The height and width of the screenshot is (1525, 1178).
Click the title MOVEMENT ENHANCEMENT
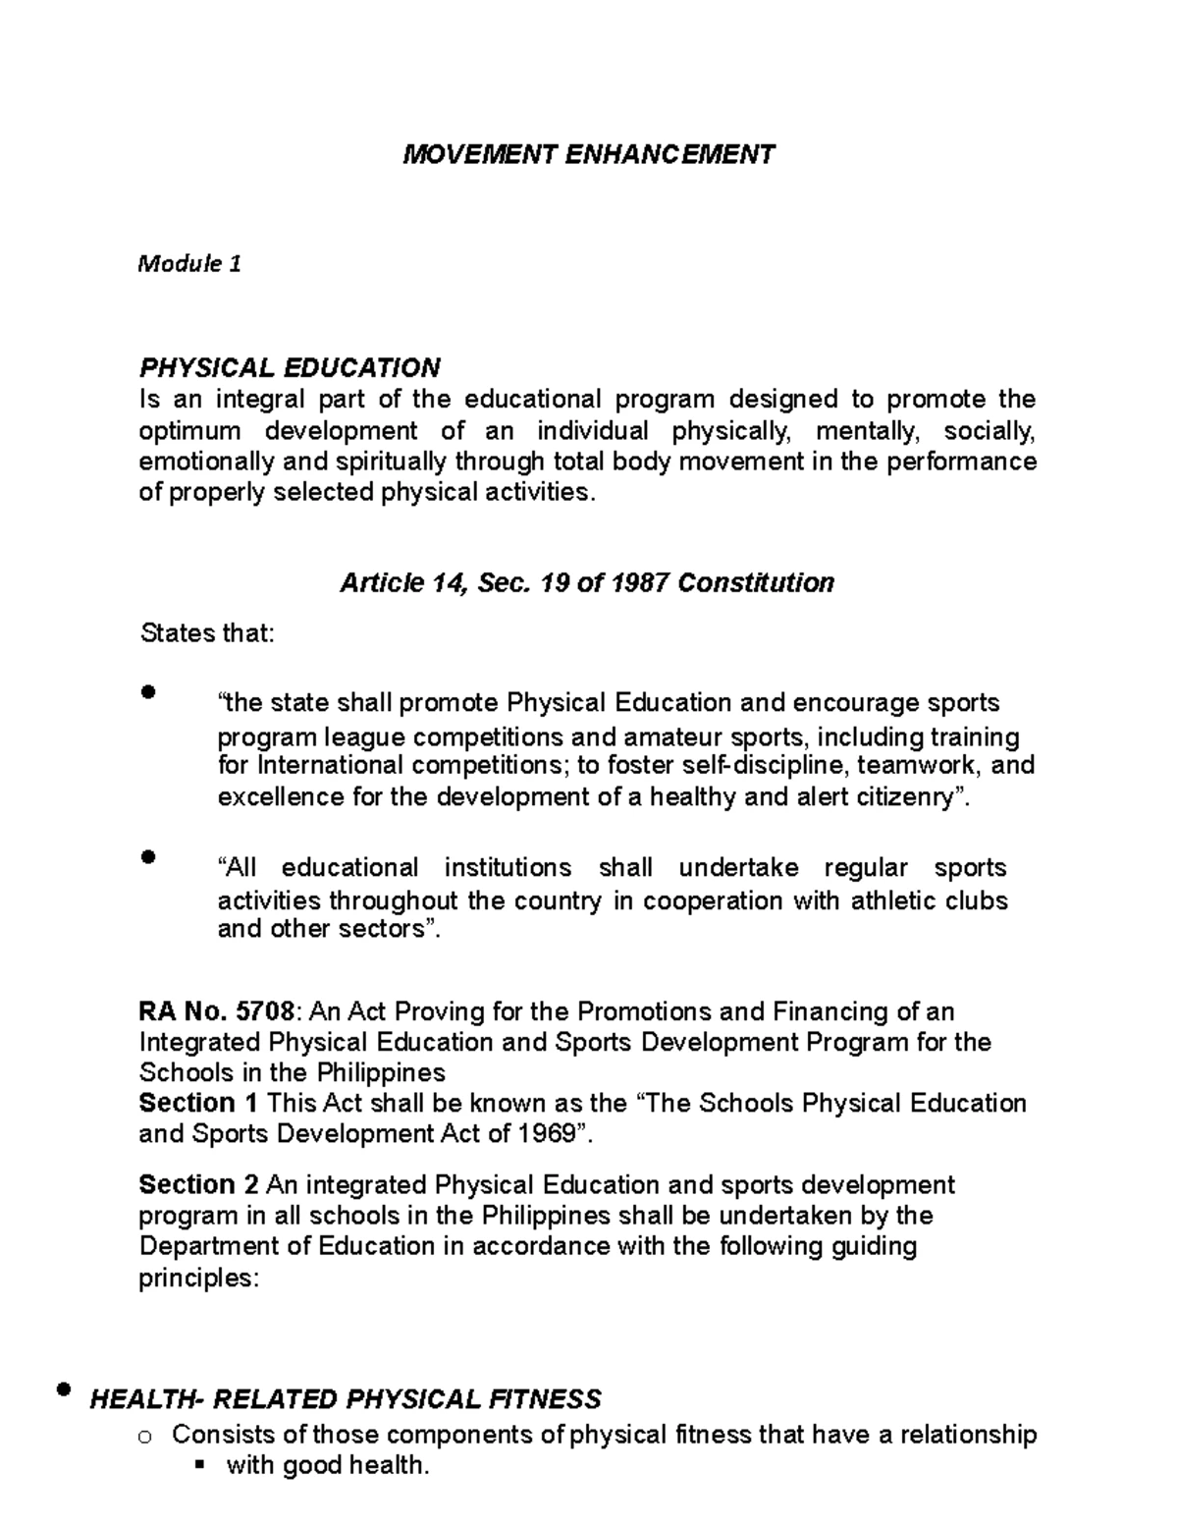point(589,154)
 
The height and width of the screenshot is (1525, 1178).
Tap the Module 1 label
point(189,263)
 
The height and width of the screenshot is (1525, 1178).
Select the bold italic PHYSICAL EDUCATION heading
point(290,368)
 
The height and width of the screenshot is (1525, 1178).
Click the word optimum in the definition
point(189,431)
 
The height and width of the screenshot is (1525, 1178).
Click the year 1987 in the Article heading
point(641,583)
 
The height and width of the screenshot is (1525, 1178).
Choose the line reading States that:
point(207,633)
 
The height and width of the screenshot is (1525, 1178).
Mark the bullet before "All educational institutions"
point(148,856)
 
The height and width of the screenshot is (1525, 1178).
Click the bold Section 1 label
point(199,1103)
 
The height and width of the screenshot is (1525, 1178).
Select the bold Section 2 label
point(199,1184)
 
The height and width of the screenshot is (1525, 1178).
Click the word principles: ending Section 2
point(198,1279)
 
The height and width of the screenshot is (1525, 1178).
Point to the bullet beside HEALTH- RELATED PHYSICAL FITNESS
point(65,1389)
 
